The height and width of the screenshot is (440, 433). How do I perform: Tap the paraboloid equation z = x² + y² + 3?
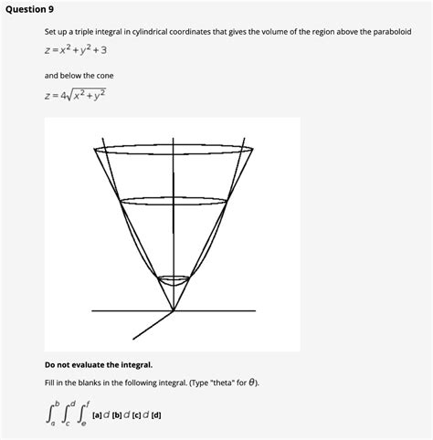click(76, 51)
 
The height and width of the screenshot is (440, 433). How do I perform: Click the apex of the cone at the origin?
click(174, 311)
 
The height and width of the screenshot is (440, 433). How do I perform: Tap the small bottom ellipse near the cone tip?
click(173, 278)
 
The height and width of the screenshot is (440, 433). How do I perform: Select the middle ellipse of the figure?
click(174, 204)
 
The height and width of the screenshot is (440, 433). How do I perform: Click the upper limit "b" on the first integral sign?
click(56, 403)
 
